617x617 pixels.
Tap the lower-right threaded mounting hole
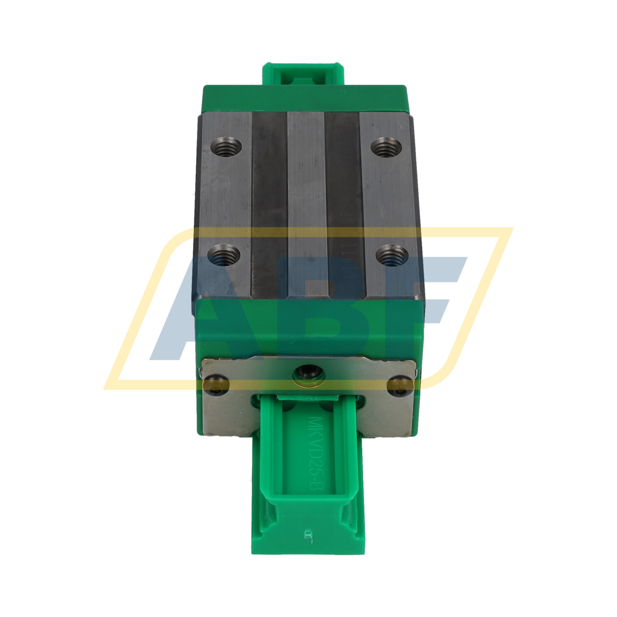[x=392, y=256]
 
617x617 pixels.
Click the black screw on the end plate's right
[x=401, y=386]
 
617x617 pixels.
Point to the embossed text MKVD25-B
[x=315, y=453]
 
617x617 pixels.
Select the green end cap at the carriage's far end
[x=304, y=99]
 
